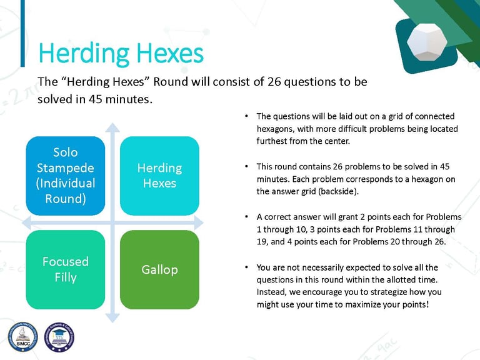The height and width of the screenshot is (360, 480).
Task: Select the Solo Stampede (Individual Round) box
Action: coord(66,176)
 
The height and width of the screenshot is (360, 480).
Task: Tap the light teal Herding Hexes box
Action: coord(159,176)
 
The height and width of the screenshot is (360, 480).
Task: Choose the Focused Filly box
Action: coord(66,270)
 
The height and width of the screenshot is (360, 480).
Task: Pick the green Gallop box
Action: coord(159,270)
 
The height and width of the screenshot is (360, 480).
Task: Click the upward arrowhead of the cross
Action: coord(112,127)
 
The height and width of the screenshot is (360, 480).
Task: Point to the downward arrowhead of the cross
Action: coord(112,317)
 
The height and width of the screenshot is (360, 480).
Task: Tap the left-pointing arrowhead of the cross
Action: coord(27,222)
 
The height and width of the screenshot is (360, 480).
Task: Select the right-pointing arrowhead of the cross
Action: coord(199,222)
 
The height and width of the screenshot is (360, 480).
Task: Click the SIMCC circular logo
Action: coord(23,337)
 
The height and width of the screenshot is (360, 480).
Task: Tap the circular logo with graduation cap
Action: coord(59,337)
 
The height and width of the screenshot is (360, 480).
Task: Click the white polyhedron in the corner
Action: coord(427,42)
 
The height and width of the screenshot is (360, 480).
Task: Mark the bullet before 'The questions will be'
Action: coord(246,116)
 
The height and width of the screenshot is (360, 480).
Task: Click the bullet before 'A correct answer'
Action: coord(246,217)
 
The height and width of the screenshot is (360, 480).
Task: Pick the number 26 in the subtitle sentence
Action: coord(274,82)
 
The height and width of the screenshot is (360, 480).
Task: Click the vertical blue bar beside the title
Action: coord(22,33)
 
